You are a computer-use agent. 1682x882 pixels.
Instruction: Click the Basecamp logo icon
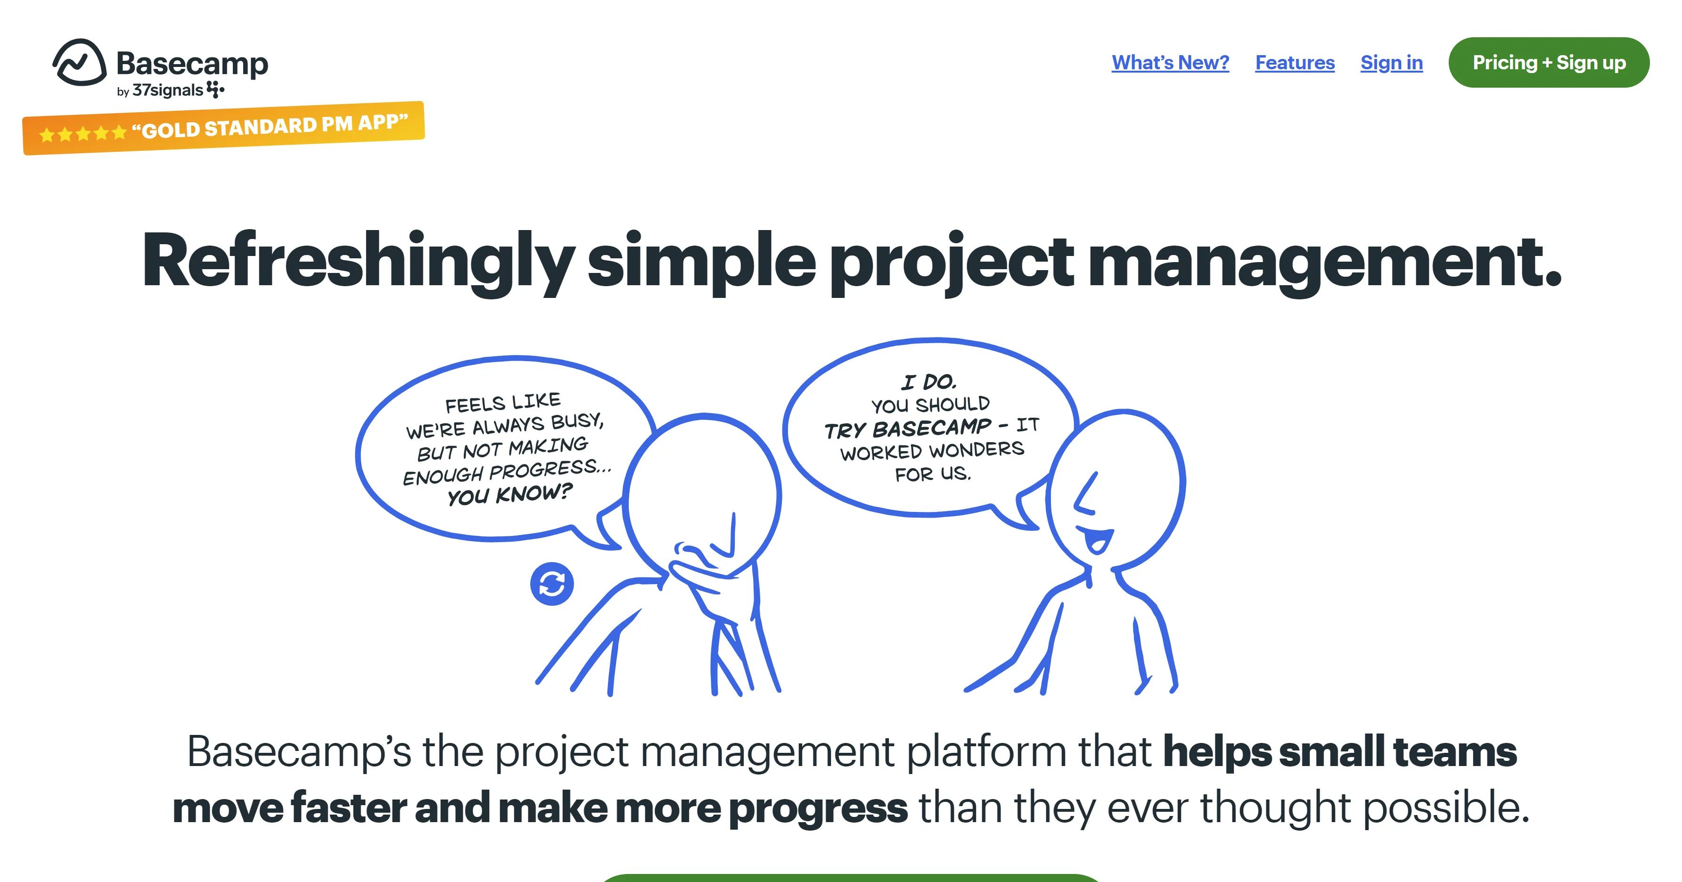[x=80, y=63]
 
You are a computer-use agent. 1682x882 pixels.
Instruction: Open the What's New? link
[x=1170, y=63]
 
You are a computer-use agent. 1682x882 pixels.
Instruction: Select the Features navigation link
[x=1295, y=63]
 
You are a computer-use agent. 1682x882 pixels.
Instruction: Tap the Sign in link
[x=1391, y=63]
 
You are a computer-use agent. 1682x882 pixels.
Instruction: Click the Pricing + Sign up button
[x=1549, y=63]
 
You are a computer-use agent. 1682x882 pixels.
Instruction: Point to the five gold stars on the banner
[x=83, y=134]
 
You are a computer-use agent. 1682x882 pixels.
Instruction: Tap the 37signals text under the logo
[x=168, y=90]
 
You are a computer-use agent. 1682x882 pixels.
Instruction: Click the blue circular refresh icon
[x=552, y=584]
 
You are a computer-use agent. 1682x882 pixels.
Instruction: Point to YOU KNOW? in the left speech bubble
[x=509, y=494]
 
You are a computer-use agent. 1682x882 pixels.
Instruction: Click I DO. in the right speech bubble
[x=928, y=381]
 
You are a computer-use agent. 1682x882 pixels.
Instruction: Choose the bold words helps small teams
[x=1340, y=752]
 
